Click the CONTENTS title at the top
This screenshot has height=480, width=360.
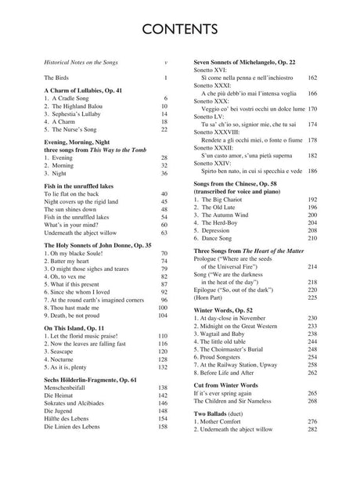click(x=179, y=31)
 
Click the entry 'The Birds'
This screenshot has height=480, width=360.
click(x=56, y=78)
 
